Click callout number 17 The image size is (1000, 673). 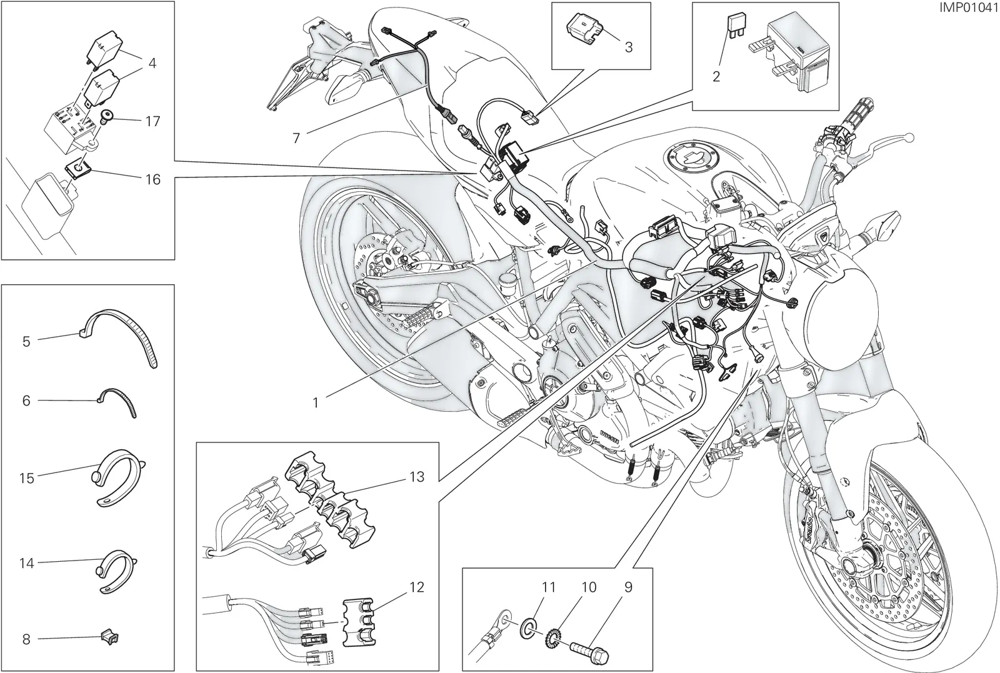[152, 121]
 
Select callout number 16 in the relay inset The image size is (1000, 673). [152, 179]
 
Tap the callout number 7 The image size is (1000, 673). [296, 138]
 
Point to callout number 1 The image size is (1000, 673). [316, 402]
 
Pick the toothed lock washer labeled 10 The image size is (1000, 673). [554, 642]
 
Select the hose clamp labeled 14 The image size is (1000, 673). [116, 574]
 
